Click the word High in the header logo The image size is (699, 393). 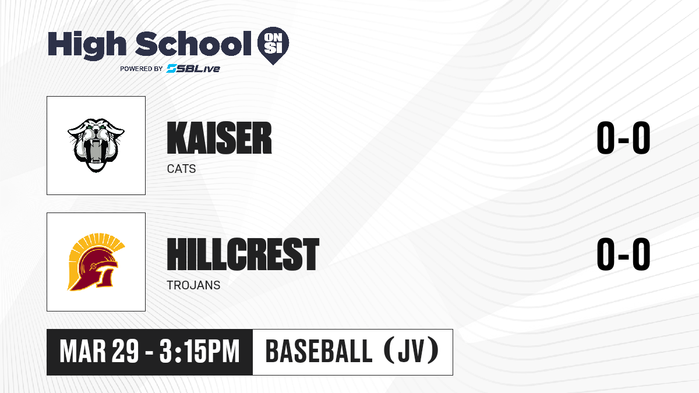tap(87, 45)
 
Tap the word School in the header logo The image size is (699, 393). tap(193, 43)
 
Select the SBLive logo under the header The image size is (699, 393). tap(193, 69)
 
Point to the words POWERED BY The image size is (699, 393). tap(142, 69)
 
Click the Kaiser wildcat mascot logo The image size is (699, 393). tap(96, 145)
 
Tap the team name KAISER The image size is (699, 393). tap(220, 138)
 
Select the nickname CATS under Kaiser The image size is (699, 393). tap(181, 169)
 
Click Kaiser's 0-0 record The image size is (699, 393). tap(623, 138)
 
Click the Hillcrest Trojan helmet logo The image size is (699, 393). tap(96, 262)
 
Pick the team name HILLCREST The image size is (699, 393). tap(243, 254)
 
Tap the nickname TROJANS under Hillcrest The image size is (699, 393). tap(193, 285)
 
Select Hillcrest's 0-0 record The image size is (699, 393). tap(623, 254)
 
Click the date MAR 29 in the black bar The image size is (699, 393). tap(99, 352)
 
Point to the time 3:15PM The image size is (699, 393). tap(199, 352)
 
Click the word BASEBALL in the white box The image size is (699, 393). tap(319, 351)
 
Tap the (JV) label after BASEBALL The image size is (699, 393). tap(411, 351)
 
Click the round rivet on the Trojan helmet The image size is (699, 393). tap(93, 267)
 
